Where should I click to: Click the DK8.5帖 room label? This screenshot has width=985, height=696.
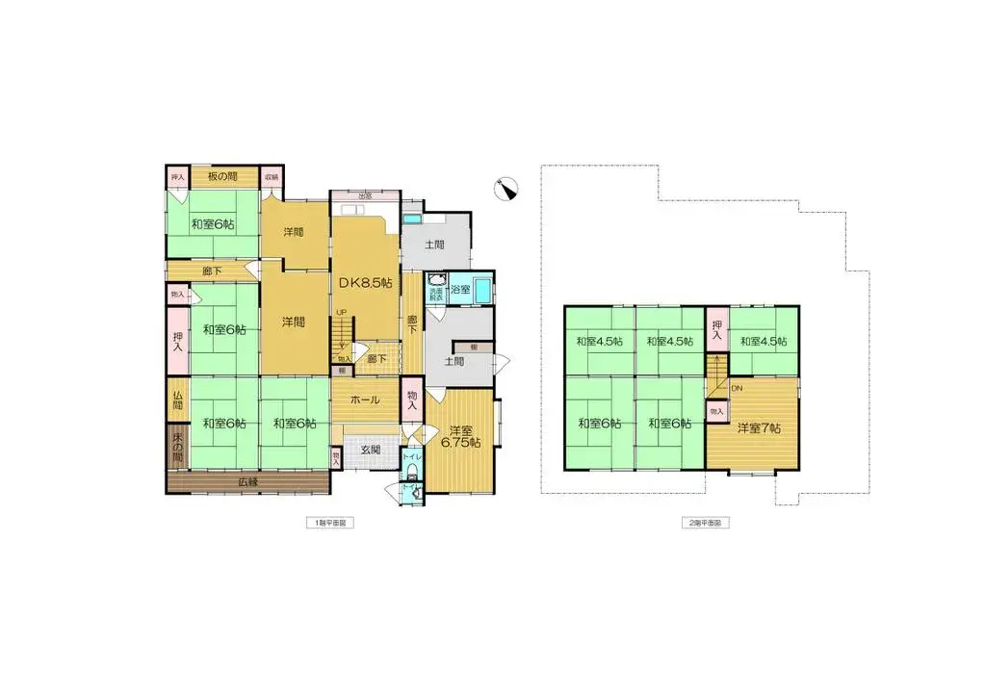(x=364, y=282)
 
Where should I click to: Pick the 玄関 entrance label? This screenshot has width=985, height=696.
(x=371, y=450)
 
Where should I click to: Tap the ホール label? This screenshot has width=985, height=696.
(x=364, y=400)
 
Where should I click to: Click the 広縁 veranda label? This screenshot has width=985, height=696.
(x=249, y=481)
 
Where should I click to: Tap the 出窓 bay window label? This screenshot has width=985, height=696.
(x=364, y=195)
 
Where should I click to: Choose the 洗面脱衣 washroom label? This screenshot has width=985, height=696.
(x=436, y=294)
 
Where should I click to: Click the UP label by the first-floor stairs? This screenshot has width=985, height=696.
(x=340, y=312)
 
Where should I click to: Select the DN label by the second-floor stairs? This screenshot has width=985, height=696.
(x=737, y=388)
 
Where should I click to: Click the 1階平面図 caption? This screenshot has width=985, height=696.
(x=329, y=523)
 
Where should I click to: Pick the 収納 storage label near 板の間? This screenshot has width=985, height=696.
(x=272, y=177)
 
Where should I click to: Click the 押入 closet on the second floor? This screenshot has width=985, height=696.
(x=717, y=330)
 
